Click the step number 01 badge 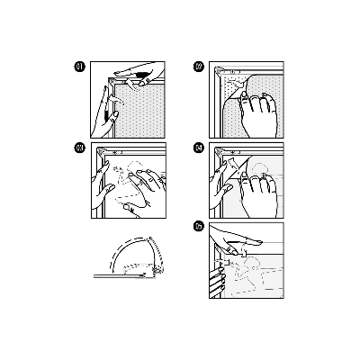pos(79,67)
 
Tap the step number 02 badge pos(199,67)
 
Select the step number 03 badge pos(79,148)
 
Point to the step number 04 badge pos(199,148)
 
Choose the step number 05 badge pos(199,228)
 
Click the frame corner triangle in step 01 pos(113,80)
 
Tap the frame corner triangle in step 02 pos(220,71)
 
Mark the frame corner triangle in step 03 pos(101,149)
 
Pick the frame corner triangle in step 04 pos(220,149)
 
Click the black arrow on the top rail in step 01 pos(142,74)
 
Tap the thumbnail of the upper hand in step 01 pos(141,84)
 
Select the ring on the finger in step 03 pos(141,183)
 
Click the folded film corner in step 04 pos(232,165)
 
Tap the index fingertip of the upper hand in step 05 pos(258,241)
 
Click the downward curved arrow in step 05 pos(244,249)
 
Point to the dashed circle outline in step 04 pos(258,169)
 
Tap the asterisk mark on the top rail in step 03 pos(114,152)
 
